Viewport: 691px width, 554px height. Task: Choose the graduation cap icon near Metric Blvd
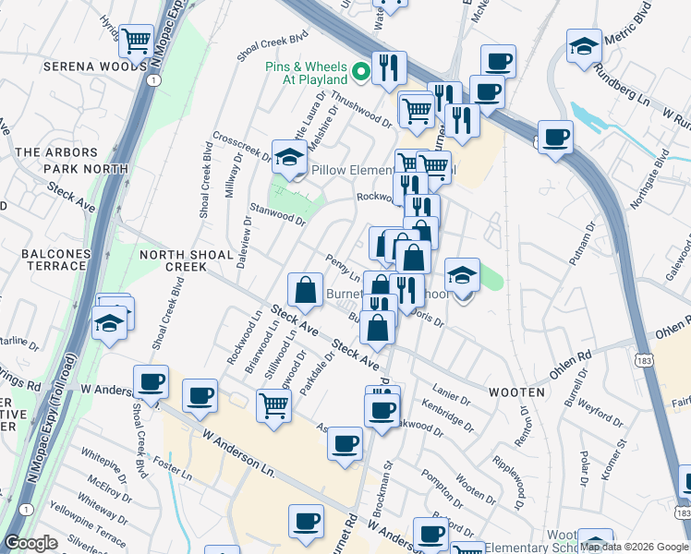point(583,48)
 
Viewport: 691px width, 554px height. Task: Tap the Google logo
point(30,544)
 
